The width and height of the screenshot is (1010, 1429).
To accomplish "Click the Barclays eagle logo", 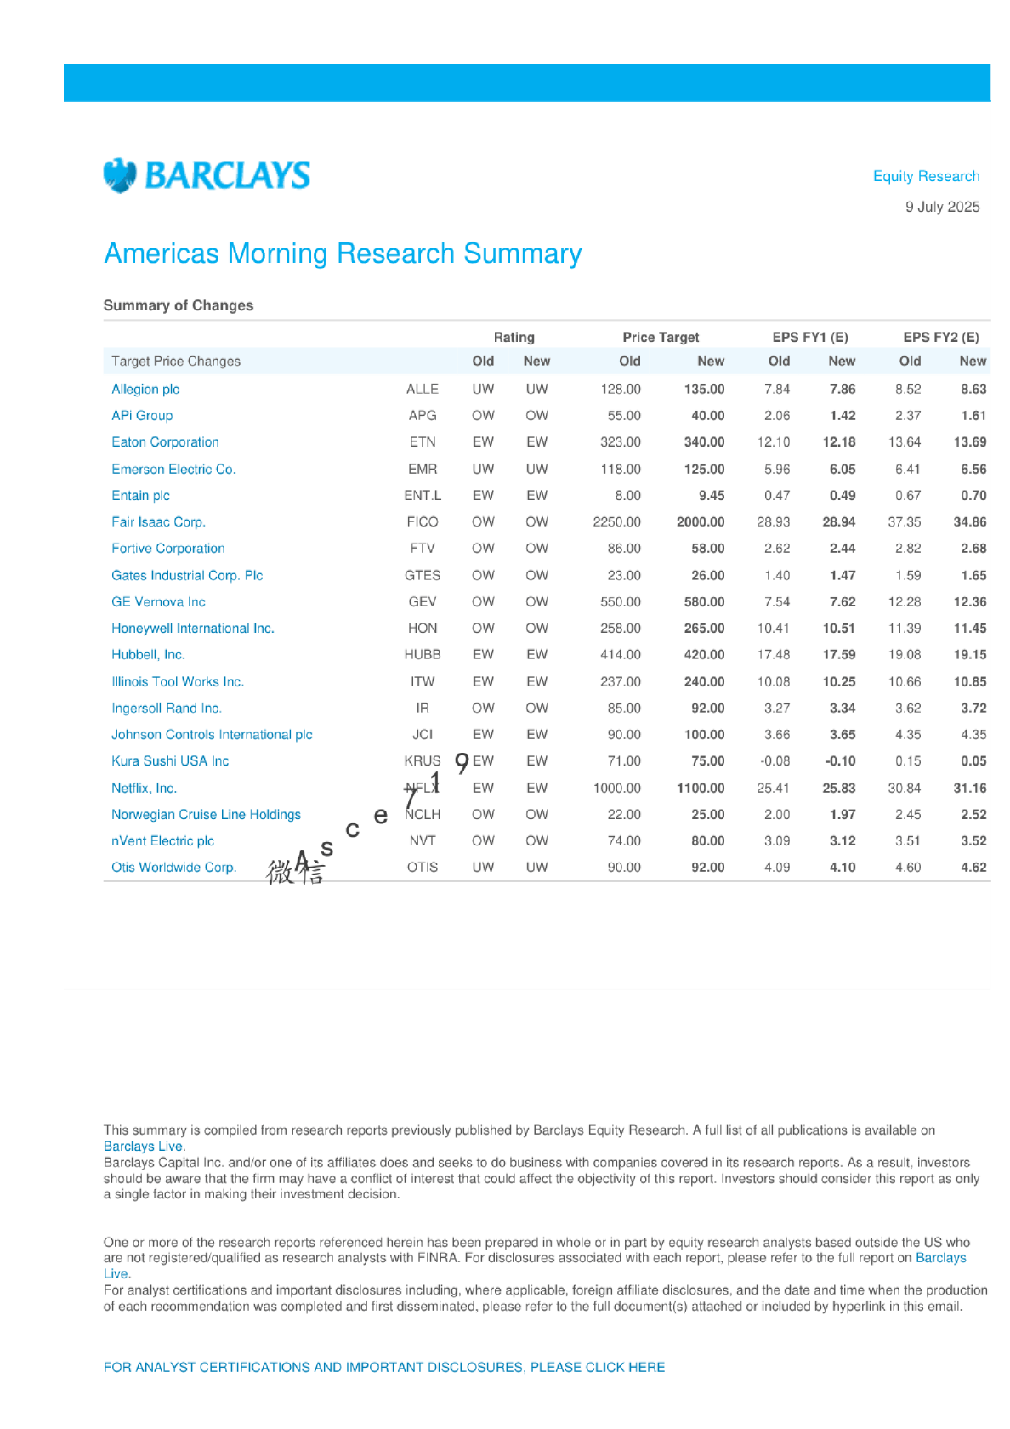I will (x=120, y=175).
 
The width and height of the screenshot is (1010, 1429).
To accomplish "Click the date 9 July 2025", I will (x=942, y=207).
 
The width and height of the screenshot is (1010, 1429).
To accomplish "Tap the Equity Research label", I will (x=926, y=176).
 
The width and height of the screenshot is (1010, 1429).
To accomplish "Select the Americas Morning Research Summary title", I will (x=343, y=253).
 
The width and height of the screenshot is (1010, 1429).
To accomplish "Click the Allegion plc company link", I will (x=145, y=389).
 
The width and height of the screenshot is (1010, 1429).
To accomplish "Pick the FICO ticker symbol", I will (x=423, y=521).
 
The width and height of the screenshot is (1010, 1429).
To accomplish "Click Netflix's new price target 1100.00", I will (x=701, y=788).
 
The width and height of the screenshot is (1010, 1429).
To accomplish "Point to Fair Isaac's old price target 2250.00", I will (x=616, y=521).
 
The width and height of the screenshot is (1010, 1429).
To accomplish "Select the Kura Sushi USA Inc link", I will (x=170, y=760).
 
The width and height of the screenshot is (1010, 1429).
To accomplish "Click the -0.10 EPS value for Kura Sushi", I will (x=840, y=760).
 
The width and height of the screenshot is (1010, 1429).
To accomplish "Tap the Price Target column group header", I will (x=661, y=337).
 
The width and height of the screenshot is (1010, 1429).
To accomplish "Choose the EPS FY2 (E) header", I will (x=940, y=337).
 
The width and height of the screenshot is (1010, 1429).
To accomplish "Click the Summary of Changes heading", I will (x=179, y=305).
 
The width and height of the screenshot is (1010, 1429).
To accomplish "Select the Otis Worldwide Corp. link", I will (x=173, y=867).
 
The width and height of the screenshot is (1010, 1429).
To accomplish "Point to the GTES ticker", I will (x=423, y=575).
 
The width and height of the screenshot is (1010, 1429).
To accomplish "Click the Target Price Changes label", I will (x=176, y=361).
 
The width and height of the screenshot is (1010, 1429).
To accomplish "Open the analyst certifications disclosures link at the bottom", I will (x=384, y=1367).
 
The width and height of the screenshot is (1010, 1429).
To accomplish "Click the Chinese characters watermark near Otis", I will (x=294, y=871).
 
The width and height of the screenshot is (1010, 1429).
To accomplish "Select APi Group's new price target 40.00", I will (x=707, y=415).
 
